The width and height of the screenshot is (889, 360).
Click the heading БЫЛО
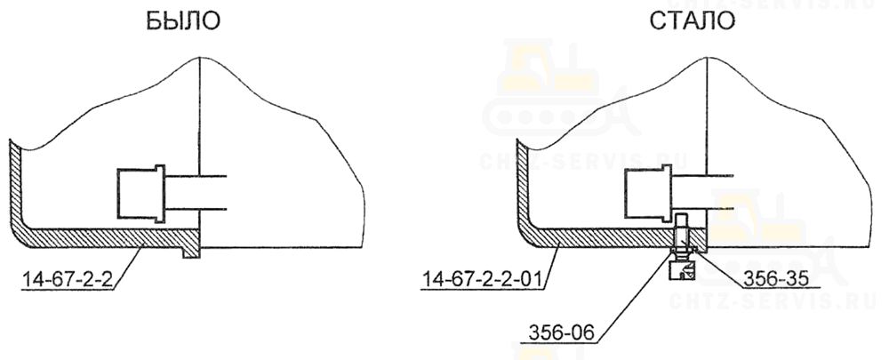tap(182, 21)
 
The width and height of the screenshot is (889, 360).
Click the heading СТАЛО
tap(692, 21)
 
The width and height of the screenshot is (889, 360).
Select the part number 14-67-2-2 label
tap(67, 279)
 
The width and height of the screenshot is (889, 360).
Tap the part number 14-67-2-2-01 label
tap(481, 279)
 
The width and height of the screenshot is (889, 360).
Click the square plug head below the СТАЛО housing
tap(682, 270)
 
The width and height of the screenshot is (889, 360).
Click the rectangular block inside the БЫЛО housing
tap(136, 193)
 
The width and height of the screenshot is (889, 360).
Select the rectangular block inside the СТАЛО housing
tap(644, 193)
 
